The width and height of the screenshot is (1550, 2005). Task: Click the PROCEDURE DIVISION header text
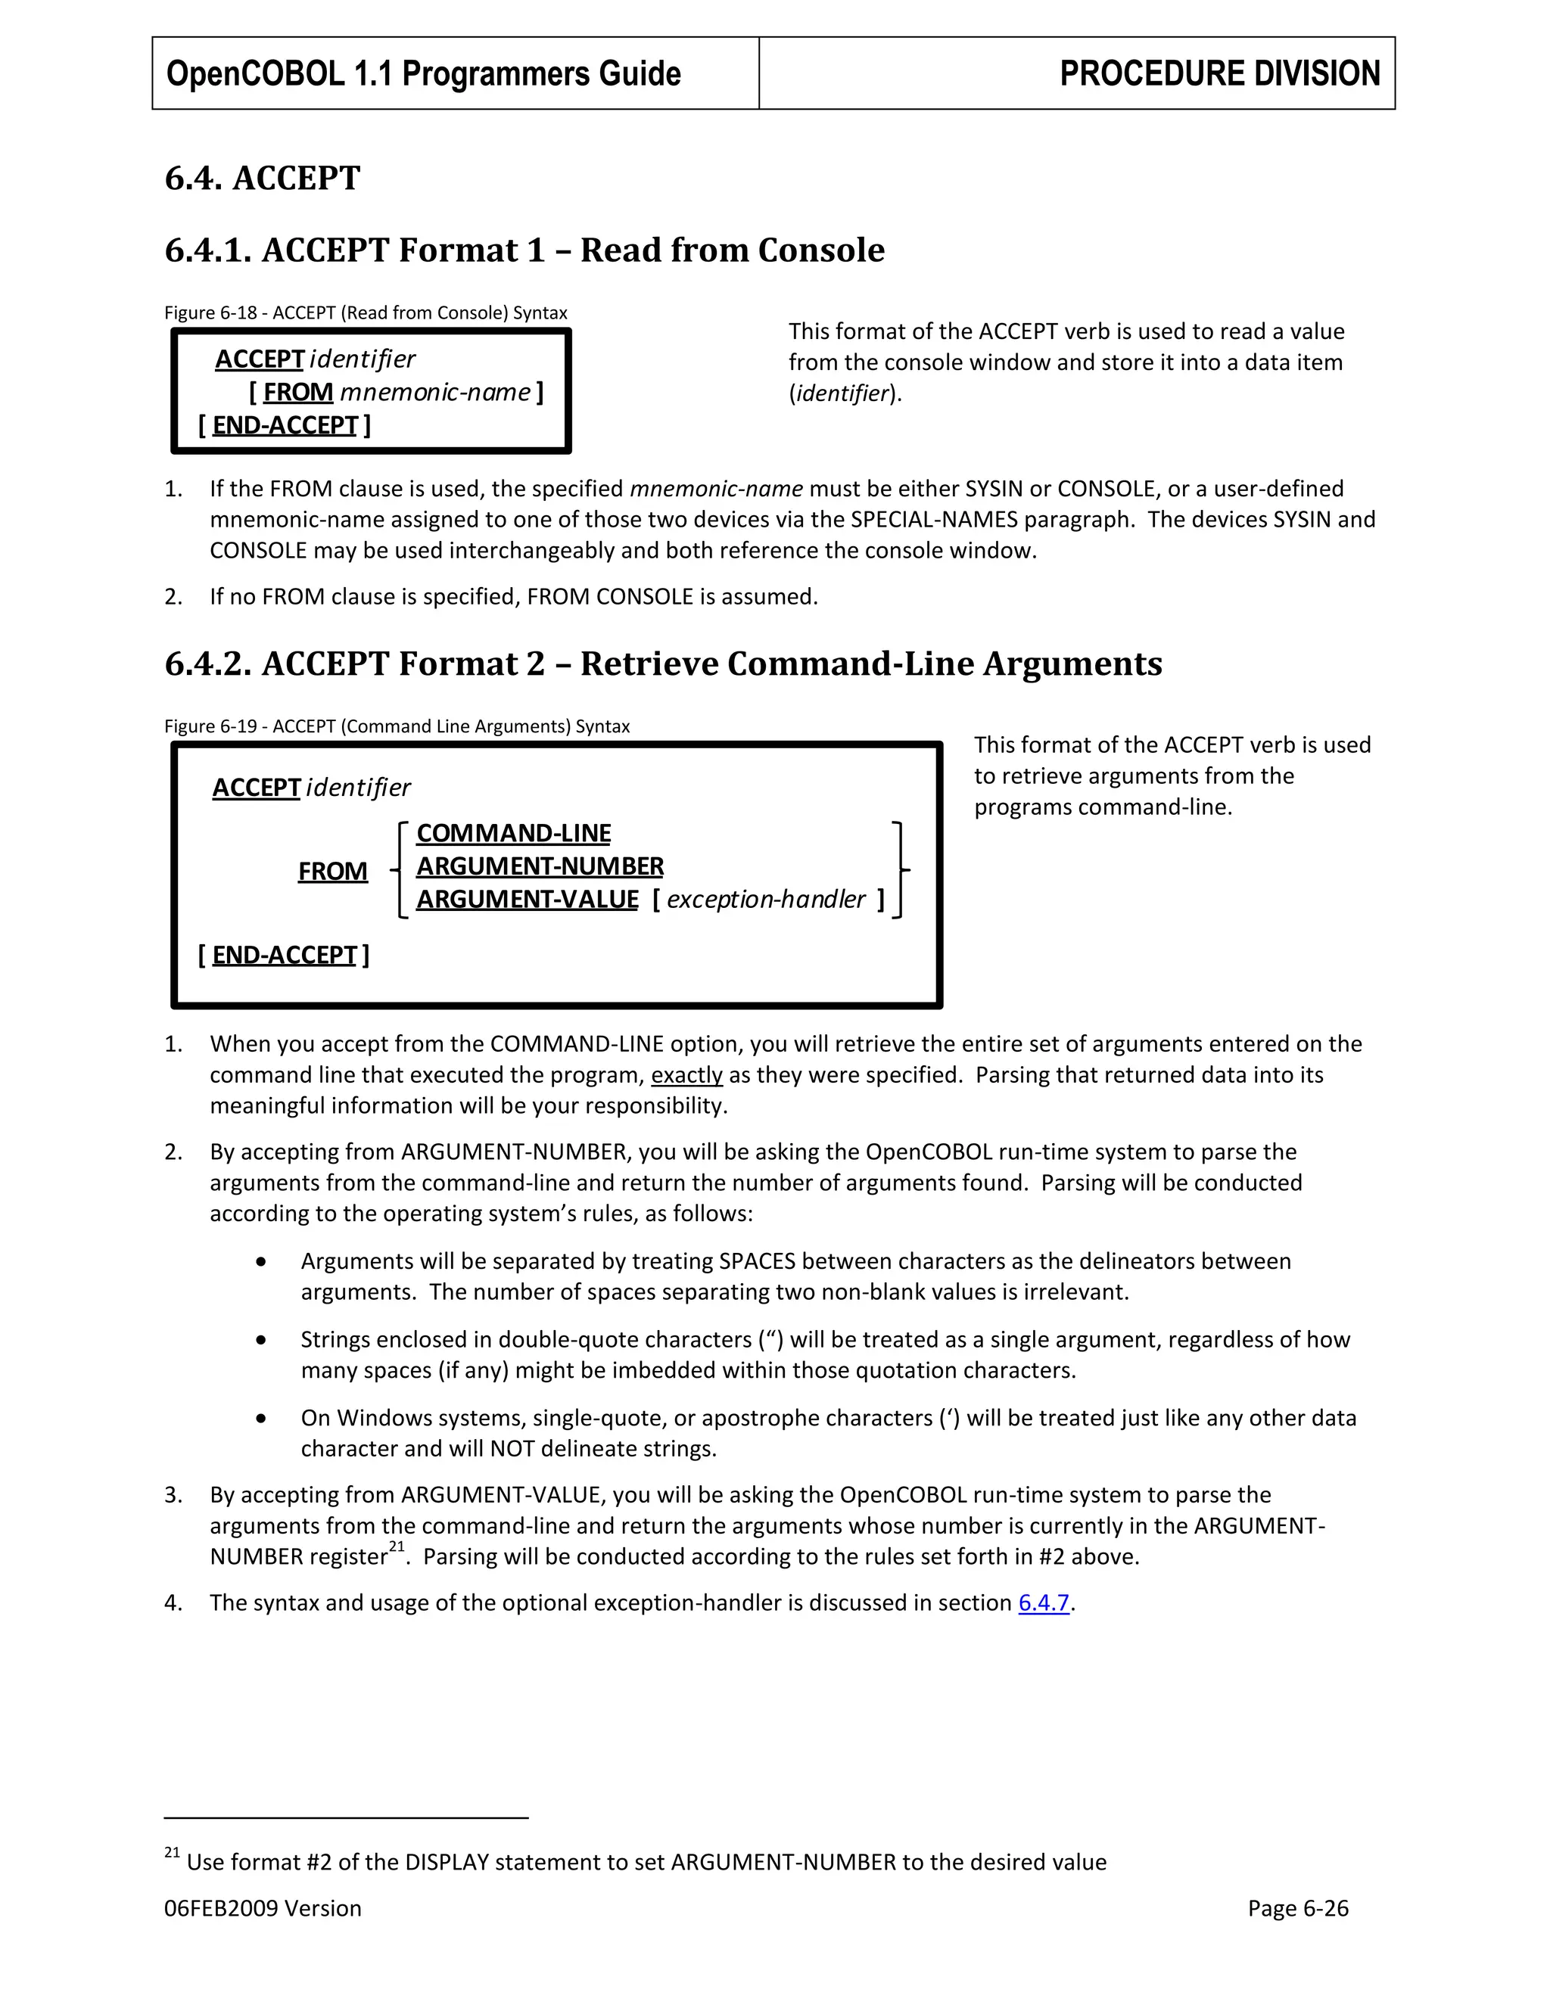tap(1219, 73)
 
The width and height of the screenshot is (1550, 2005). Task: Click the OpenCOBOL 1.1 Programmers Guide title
tap(423, 73)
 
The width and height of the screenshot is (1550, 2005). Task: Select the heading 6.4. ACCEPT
tap(263, 177)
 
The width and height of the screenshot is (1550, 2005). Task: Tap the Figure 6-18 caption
tap(366, 312)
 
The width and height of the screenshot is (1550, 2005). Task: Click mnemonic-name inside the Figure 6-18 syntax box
tap(435, 392)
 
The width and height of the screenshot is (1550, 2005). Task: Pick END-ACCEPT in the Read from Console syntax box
tap(285, 425)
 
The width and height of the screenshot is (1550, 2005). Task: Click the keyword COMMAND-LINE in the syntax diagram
tap(513, 833)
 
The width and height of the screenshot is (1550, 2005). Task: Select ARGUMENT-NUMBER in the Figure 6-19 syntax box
tap(540, 866)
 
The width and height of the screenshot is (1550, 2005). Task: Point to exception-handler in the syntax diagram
tap(766, 899)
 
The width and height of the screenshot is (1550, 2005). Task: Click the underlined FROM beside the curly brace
tap(332, 870)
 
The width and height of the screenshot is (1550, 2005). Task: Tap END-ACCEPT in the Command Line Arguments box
tap(284, 955)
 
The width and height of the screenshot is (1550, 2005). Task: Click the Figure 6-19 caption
tap(397, 726)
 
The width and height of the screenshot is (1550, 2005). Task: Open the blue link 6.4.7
tap(1044, 1603)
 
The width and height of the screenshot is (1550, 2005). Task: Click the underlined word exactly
tap(687, 1075)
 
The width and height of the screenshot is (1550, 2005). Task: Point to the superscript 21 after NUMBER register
tap(397, 1547)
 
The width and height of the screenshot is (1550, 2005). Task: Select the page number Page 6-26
tap(1297, 1909)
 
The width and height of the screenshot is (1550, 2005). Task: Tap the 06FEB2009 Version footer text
tap(263, 1909)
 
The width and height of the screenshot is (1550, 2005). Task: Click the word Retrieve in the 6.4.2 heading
tap(647, 663)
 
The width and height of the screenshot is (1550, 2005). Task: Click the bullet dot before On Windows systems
tap(263, 1419)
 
